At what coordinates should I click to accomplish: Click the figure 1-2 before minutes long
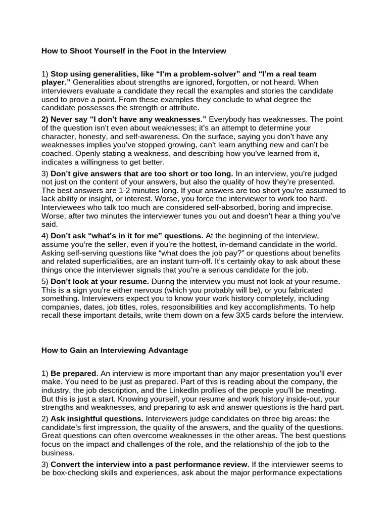pyautogui.click(x=133, y=191)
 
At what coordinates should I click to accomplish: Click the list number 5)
pyautogui.click(x=45, y=281)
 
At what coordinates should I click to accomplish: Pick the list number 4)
pyautogui.click(x=45, y=236)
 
